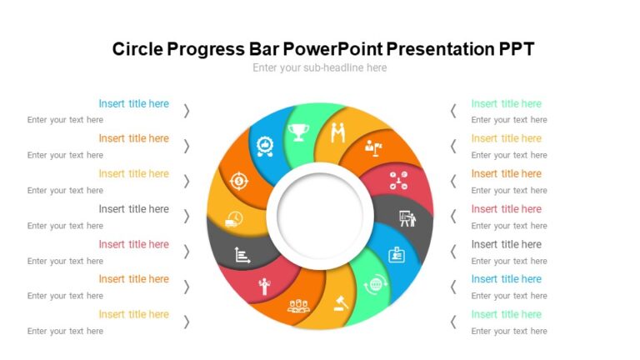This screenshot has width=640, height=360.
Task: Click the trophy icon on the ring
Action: point(298,131)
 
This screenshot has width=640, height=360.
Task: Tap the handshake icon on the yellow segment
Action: point(337,132)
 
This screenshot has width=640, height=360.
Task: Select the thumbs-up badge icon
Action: point(264,147)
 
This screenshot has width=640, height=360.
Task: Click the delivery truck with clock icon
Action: point(234,220)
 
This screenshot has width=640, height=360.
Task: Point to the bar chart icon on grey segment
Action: point(242,255)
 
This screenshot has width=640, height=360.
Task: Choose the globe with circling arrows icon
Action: point(376,284)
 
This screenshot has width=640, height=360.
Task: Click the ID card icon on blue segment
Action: point(397,255)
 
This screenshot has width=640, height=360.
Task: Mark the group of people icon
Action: point(298,306)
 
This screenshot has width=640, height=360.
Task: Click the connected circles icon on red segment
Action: point(398,179)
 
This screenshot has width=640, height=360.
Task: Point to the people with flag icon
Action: point(372,149)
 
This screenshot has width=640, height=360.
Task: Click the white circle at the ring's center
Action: point(319,212)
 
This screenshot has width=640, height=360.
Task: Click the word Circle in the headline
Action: point(137,49)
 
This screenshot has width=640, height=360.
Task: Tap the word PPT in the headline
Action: point(517,49)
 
